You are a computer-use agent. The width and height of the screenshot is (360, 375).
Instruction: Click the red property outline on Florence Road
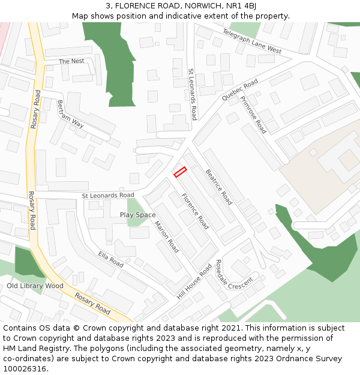click(180, 172)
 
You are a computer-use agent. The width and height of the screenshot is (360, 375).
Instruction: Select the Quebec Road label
click(239, 89)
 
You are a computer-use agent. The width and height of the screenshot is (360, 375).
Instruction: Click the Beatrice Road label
click(218, 187)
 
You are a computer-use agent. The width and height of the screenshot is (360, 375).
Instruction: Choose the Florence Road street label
click(195, 211)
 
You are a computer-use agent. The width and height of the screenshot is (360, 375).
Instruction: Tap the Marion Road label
click(166, 236)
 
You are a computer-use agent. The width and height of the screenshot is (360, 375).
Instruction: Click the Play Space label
click(137, 215)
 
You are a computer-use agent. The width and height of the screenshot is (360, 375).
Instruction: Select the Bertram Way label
click(70, 113)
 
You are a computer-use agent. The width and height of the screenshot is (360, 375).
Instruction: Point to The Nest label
click(71, 61)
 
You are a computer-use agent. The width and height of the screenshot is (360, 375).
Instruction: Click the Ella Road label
click(110, 260)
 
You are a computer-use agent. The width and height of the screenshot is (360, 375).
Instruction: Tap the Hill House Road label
click(194, 282)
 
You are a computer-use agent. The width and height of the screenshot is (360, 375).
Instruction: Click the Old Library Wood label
click(35, 286)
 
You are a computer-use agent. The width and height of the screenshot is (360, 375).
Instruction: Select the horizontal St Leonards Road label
click(108, 196)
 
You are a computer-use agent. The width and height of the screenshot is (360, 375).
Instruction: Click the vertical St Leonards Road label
click(193, 94)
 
